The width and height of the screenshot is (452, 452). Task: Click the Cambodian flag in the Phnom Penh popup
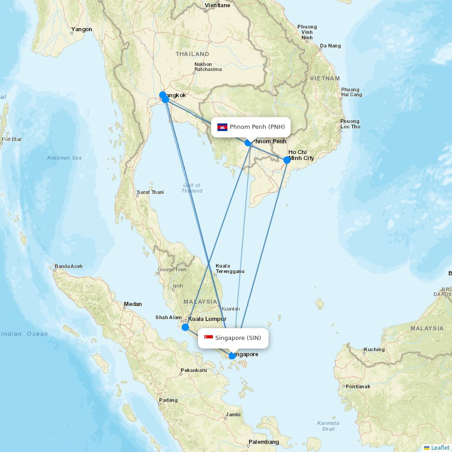(222, 127)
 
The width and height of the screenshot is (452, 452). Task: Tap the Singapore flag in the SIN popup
(208, 338)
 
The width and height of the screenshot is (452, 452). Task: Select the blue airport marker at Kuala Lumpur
(185, 327)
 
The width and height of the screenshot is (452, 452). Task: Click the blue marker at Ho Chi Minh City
(287, 160)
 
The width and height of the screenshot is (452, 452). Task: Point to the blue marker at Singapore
(232, 356)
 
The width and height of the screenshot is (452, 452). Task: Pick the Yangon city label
(81, 29)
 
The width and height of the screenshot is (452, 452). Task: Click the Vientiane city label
(217, 5)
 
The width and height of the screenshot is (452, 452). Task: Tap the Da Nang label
(330, 46)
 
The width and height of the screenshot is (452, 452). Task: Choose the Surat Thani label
(150, 192)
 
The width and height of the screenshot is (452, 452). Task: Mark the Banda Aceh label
(69, 266)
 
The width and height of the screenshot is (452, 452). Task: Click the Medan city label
(133, 304)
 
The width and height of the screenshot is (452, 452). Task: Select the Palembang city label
(264, 442)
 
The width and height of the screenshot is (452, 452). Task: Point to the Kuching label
(374, 349)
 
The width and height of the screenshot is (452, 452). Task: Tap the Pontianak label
(358, 386)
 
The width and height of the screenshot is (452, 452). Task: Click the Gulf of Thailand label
(192, 188)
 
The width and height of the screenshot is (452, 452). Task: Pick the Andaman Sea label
(64, 158)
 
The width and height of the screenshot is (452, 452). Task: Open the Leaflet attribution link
(440, 447)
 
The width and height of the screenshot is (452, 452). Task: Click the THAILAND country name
(193, 54)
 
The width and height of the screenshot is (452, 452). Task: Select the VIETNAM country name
(325, 78)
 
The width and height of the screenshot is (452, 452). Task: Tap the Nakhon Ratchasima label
(208, 67)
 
